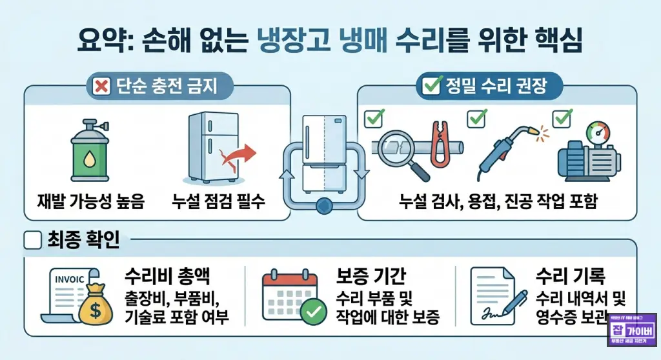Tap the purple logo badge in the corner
(x=632, y=334)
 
